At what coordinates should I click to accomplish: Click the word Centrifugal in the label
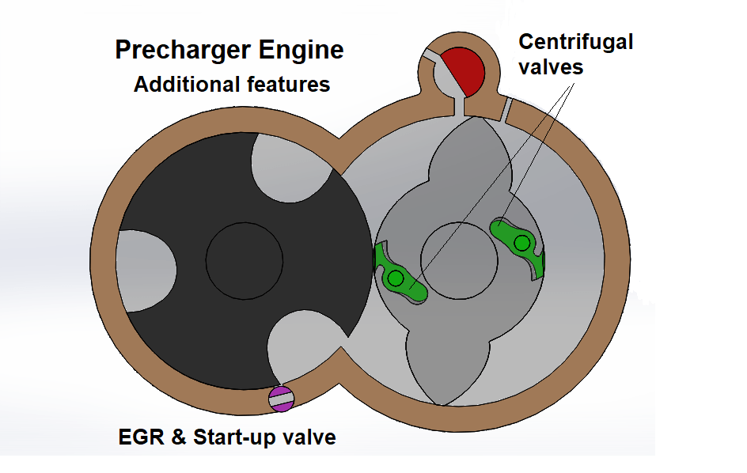pos(575,42)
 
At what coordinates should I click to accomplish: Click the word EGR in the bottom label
pos(141,437)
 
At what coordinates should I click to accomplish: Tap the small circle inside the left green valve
pos(396,278)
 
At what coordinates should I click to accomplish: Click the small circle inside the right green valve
pos(521,244)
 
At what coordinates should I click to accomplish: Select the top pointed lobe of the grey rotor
pos(462,150)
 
